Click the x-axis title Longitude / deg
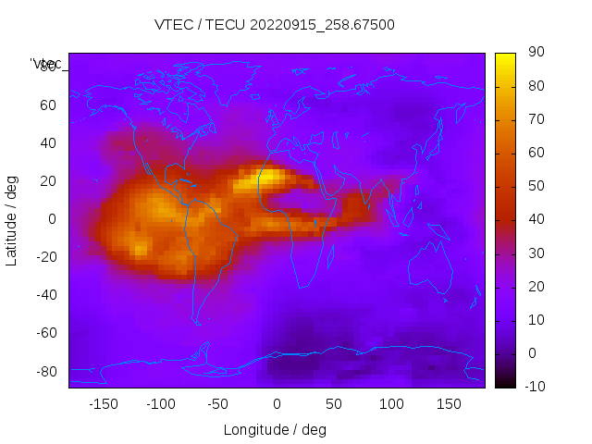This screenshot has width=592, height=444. (x=275, y=430)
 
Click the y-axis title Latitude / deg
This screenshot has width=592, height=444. (x=13, y=220)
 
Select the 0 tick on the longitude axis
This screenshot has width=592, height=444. (x=276, y=404)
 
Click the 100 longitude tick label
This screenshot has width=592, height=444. (x=391, y=404)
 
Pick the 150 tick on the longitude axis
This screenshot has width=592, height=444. (x=449, y=404)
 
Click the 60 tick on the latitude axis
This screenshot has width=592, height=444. (x=47, y=105)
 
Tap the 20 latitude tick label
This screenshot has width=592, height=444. (x=47, y=181)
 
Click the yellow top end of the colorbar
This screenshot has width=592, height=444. (x=505, y=58)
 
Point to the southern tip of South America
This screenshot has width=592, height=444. (x=197, y=322)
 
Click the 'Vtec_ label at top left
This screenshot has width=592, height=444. (x=46, y=64)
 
